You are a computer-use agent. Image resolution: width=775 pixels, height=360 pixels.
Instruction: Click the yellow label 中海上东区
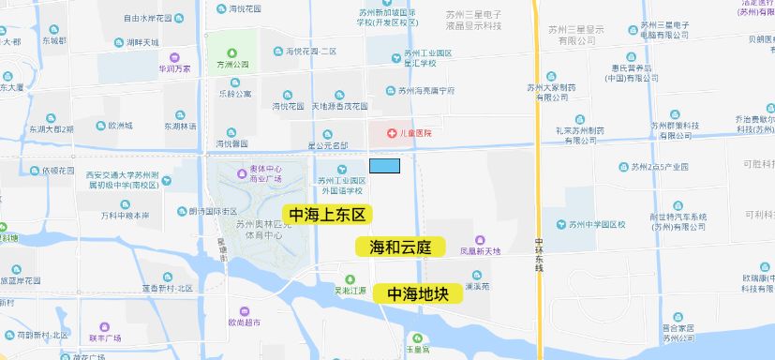(x=327, y=215)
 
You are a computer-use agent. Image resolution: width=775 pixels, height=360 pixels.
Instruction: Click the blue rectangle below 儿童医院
(x=384, y=166)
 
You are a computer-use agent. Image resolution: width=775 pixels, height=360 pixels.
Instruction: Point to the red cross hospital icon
(x=379, y=133)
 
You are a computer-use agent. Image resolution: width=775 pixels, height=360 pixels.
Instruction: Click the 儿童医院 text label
(x=414, y=133)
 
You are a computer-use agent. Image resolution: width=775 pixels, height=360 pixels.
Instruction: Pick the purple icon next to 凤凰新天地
(x=480, y=240)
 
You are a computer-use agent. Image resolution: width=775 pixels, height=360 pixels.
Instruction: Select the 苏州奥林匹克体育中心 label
(x=259, y=230)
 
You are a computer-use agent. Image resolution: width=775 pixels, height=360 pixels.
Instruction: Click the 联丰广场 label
(x=105, y=337)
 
